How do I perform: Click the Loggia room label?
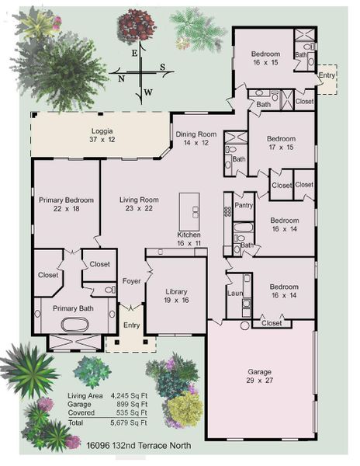pyautogui.click(x=102, y=133)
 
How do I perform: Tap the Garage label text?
pyautogui.click(x=260, y=371)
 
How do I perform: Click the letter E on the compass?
pyautogui.click(x=134, y=53)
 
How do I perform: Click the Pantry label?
pyautogui.click(x=244, y=207)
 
